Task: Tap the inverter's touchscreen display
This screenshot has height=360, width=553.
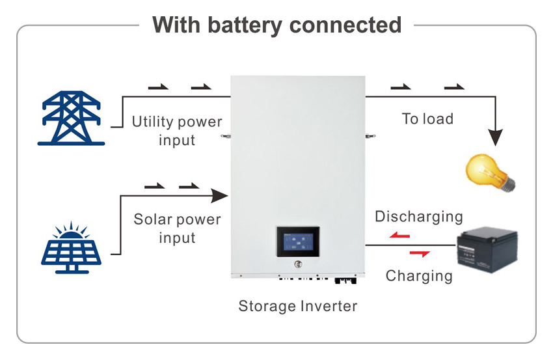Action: coord(297,242)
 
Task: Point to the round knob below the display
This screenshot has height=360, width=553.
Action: coord(299,265)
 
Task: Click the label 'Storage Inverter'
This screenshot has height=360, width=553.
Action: coord(297,306)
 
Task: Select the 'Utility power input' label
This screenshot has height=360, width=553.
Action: coord(177,130)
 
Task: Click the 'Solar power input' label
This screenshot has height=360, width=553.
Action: coord(177,228)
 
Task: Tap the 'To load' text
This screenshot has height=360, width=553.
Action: coord(427,118)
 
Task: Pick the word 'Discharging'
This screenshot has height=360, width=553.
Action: coord(418,217)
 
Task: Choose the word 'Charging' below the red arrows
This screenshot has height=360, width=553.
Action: coord(418,275)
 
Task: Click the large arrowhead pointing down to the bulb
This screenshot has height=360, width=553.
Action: coord(496,137)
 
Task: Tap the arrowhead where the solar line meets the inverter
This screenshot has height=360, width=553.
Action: coord(221,194)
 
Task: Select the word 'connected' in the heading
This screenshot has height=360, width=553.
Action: coord(345,25)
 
